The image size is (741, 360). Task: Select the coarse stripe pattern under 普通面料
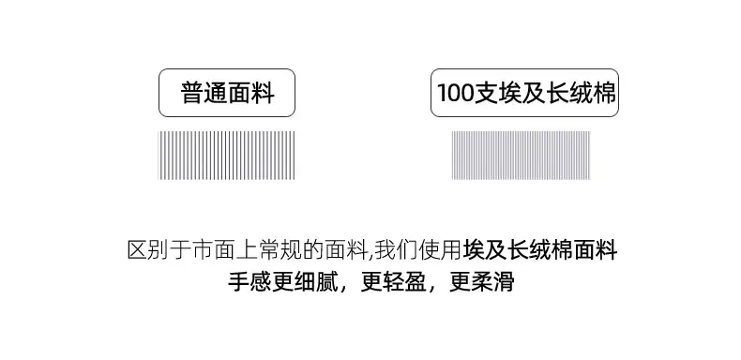click(226, 156)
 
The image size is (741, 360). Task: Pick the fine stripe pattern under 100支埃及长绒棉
click(521, 156)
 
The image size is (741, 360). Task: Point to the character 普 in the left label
click(192, 93)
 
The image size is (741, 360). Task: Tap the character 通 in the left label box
click(216, 93)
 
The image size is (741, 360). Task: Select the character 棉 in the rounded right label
click(604, 93)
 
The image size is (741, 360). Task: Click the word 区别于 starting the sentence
click(159, 250)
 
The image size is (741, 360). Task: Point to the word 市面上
click(225, 250)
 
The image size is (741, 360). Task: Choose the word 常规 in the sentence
click(280, 250)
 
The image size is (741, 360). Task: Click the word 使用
click(440, 250)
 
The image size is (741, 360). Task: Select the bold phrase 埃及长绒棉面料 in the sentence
click(540, 250)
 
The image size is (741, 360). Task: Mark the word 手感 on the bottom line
click(250, 282)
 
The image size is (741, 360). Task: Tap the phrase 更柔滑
click(482, 282)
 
